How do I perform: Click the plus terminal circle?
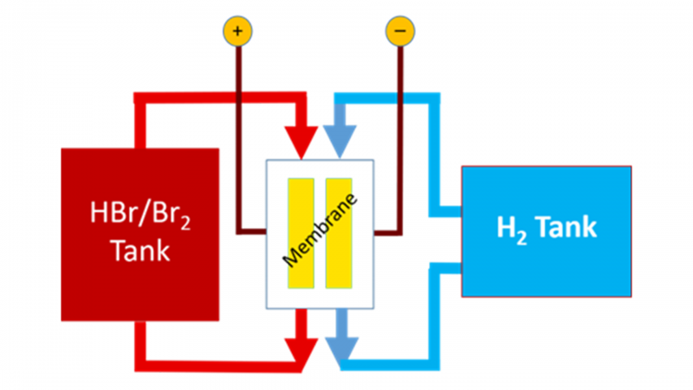(x=238, y=31)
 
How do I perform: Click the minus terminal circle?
(x=399, y=31)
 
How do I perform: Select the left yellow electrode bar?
(x=301, y=232)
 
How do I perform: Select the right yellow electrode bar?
(x=339, y=232)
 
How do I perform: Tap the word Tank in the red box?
(x=139, y=251)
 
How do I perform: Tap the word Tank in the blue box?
(x=565, y=227)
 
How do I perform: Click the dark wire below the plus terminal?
(x=238, y=130)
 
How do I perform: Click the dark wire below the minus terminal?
(x=399, y=130)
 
